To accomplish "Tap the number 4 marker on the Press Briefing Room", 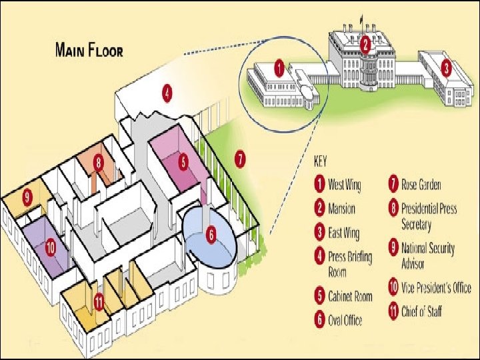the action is tap(167, 93).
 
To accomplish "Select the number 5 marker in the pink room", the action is tap(183, 160).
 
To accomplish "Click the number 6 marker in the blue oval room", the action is tap(211, 234).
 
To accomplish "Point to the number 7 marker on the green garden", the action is tap(240, 159).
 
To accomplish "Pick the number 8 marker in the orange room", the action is tap(98, 161).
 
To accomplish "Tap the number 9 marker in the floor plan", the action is tap(27, 196).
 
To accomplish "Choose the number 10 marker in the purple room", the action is tap(50, 247).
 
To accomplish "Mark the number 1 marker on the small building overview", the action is tap(279, 67).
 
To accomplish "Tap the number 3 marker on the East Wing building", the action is tap(447, 67).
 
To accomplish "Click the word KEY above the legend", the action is tap(321, 161).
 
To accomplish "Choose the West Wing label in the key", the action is tap(345, 184).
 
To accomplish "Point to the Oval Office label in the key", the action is tap(345, 320).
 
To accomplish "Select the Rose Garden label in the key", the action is tap(421, 184).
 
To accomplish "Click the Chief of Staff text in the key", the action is tap(421, 311).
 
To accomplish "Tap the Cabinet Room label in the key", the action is tap(350, 296).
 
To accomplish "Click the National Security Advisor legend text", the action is tap(428, 255).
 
